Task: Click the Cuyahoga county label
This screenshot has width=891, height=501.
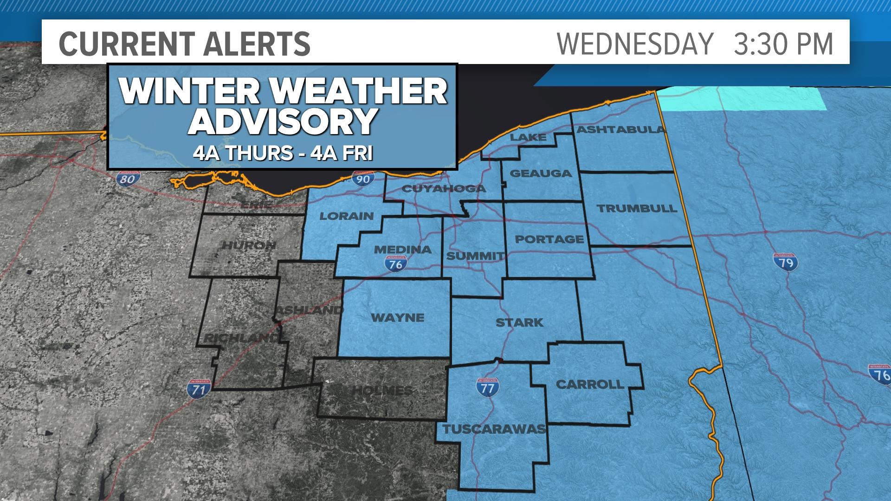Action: (443, 188)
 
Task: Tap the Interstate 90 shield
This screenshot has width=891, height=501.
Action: (362, 178)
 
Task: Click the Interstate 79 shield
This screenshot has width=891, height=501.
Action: (786, 262)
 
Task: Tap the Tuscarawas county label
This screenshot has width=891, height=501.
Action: (494, 429)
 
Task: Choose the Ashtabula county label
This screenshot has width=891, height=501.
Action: (621, 130)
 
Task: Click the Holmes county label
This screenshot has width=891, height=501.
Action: (382, 391)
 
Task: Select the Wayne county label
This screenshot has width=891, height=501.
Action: (398, 318)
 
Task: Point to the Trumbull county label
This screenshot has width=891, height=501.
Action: (637, 208)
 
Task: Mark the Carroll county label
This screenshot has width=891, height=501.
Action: (590, 384)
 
